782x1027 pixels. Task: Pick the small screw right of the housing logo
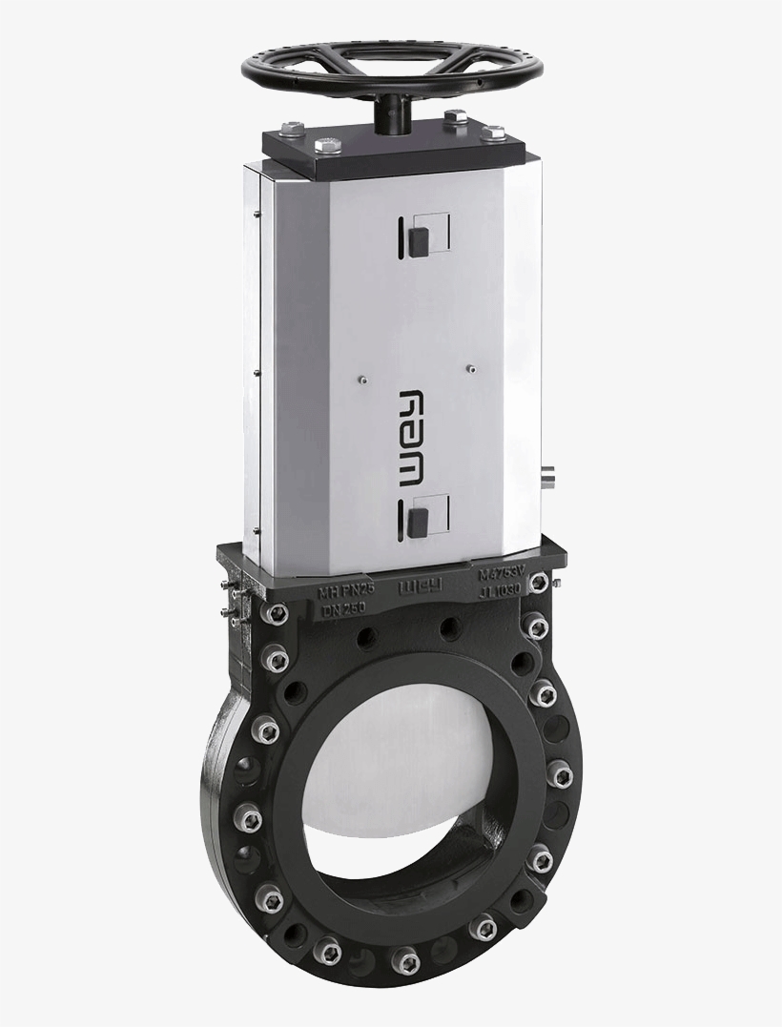click(469, 364)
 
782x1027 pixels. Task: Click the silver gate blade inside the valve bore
click(410, 763)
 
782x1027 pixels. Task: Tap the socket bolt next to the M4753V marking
click(537, 582)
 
